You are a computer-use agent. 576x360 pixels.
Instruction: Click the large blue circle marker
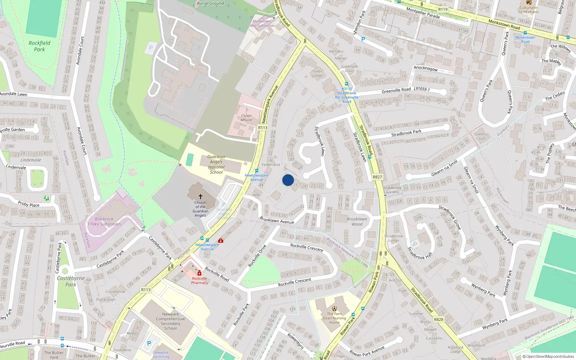click(288, 180)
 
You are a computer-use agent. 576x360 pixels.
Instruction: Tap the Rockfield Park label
click(40, 46)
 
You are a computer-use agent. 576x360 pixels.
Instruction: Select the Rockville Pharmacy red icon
click(199, 273)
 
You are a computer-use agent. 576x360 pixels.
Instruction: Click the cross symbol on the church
click(201, 197)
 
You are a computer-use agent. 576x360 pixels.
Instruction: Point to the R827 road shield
click(377, 177)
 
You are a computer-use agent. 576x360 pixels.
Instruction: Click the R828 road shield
click(438, 319)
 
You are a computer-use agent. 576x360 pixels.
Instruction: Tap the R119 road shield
click(443, 10)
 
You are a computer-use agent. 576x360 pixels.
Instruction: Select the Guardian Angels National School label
click(216, 165)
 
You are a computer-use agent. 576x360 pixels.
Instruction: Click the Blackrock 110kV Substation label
click(104, 221)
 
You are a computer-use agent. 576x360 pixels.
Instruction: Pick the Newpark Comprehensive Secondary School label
click(170, 321)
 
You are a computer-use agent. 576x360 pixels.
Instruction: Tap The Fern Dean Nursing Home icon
click(334, 308)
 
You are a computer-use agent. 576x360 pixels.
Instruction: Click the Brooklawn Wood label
click(357, 221)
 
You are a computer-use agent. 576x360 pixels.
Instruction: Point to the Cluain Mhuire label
click(246, 118)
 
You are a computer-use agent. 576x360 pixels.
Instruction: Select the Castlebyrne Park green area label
click(71, 281)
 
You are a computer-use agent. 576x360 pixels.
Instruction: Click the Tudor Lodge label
click(317, 73)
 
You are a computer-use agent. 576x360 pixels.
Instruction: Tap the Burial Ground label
click(210, 3)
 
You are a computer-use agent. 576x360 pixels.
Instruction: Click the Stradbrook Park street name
click(406, 133)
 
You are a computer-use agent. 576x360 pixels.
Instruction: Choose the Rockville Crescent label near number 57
click(307, 247)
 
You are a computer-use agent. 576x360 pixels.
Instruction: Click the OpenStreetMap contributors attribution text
click(548, 356)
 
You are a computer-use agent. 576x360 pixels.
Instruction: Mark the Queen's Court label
click(481, 136)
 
